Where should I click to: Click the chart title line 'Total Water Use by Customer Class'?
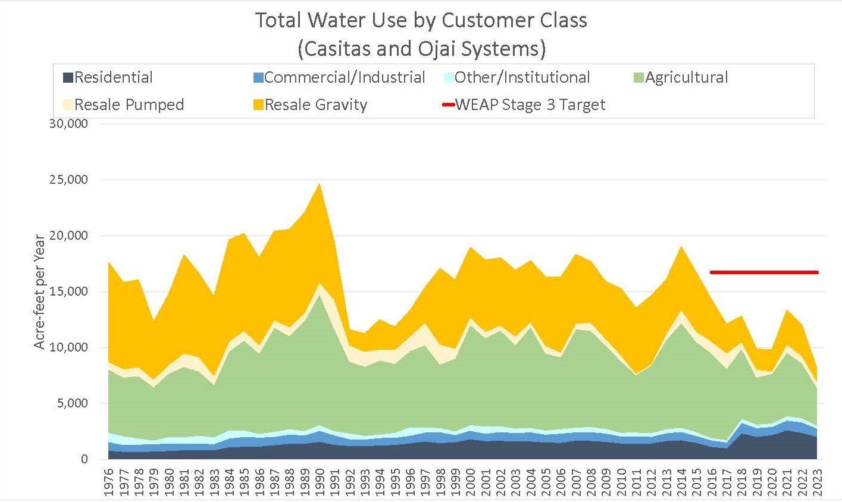[421, 20]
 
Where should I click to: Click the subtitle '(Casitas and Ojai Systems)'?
[421, 48]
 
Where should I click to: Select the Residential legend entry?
[108, 77]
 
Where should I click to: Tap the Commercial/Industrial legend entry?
[339, 77]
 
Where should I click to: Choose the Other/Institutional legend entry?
[517, 77]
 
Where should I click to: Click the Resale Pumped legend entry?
[123, 105]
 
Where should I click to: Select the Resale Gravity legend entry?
[309, 105]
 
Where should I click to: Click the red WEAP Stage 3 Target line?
[764, 272]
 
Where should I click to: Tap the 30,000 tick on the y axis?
[70, 124]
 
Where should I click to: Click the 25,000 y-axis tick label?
[70, 180]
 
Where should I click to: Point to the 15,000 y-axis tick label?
[70, 291]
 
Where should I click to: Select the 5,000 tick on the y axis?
[73, 403]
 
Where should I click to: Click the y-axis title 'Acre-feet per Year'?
[39, 291]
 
